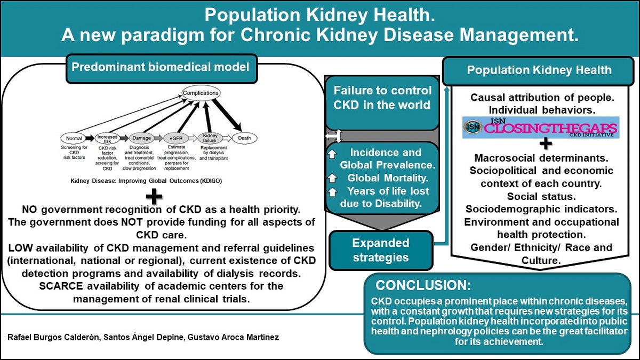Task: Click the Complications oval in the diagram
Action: [201, 93]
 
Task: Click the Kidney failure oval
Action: [210, 137]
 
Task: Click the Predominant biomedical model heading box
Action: [160, 67]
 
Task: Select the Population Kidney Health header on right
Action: [539, 70]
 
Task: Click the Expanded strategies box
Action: [381, 250]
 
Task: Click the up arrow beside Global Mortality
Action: [333, 178]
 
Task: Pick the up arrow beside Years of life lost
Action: [333, 191]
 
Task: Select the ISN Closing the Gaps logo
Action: [540, 128]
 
